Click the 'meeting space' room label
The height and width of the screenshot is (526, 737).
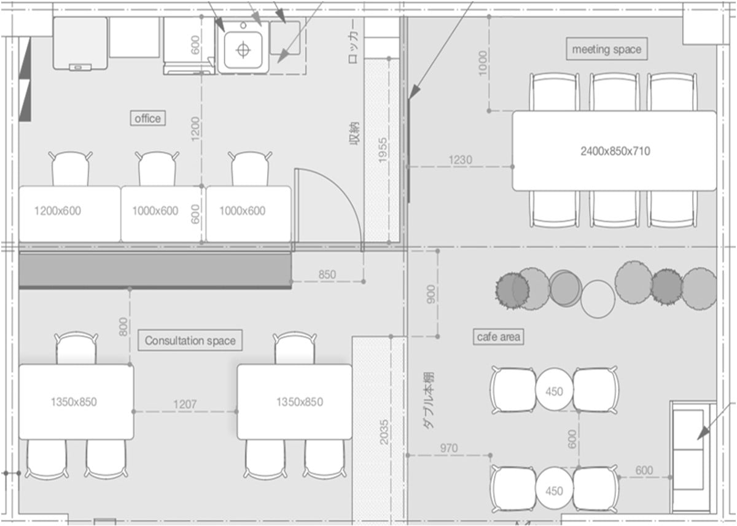click(x=607, y=49)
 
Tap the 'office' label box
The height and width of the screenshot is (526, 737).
click(x=148, y=118)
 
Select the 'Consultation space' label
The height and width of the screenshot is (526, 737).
click(x=190, y=340)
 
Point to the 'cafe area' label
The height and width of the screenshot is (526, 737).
click(x=499, y=336)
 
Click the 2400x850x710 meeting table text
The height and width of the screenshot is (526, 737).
click(x=615, y=151)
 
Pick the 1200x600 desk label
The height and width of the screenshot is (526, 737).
click(x=58, y=211)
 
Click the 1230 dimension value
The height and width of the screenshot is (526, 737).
click(x=460, y=160)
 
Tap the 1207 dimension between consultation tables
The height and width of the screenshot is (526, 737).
click(x=185, y=404)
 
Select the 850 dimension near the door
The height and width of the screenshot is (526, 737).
click(x=327, y=274)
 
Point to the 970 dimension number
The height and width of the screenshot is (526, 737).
click(x=449, y=448)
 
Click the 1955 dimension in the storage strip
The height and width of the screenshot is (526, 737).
click(x=382, y=150)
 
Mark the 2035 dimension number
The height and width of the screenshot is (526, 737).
click(x=384, y=432)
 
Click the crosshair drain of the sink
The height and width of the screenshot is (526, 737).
click(x=243, y=50)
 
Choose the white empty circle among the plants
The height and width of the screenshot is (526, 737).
click(x=598, y=299)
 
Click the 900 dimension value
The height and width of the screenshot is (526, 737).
click(x=431, y=294)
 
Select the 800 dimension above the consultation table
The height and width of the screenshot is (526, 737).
click(x=123, y=327)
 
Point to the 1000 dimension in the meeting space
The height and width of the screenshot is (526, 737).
click(x=482, y=63)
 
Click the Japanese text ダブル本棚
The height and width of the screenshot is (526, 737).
click(x=428, y=400)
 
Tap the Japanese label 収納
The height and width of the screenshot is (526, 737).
click(x=354, y=133)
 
